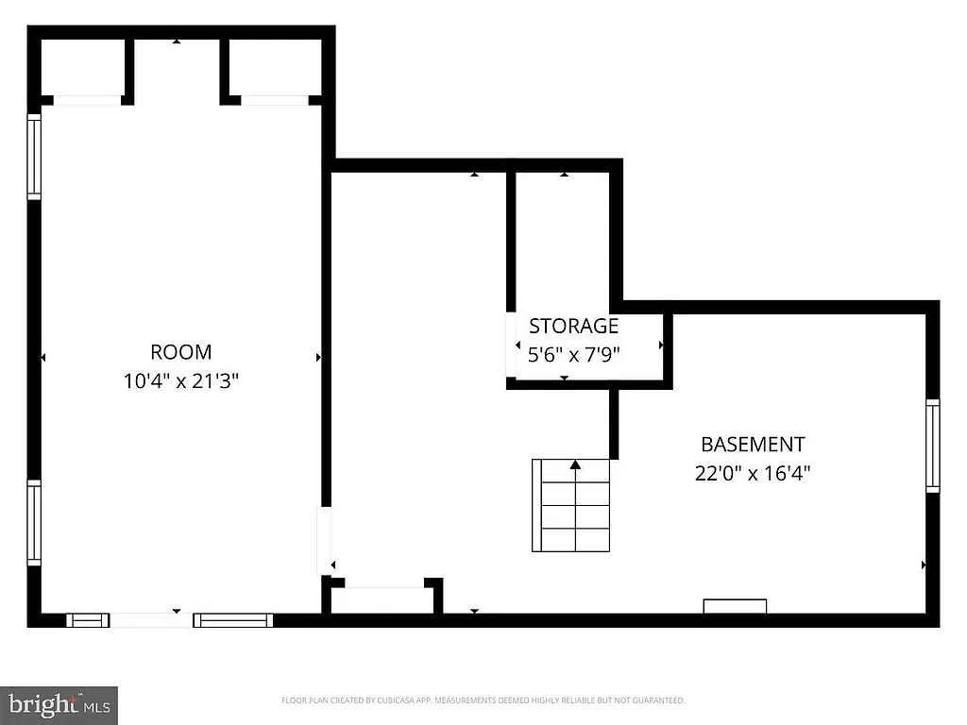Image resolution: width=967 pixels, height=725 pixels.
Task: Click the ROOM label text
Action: click(181, 352)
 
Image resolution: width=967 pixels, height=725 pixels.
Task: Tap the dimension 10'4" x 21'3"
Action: click(181, 381)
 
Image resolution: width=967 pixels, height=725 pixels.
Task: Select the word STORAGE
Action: click(573, 327)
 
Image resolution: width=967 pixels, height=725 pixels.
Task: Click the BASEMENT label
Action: click(753, 444)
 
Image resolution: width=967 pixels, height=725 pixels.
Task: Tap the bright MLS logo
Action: click(59, 704)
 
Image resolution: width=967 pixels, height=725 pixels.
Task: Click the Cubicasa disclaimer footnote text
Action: click(483, 700)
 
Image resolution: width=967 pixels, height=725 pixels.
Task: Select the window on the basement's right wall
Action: click(933, 445)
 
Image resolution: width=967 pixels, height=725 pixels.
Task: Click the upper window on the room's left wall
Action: click(34, 157)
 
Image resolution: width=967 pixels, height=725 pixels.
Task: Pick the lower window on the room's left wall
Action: click(34, 523)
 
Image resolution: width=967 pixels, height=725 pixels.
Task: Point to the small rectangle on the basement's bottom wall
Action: click(735, 606)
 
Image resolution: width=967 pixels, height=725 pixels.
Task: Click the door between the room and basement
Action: click(324, 540)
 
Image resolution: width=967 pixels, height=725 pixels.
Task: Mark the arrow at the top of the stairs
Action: click(575, 464)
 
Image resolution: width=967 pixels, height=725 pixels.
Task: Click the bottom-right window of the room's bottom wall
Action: click(233, 620)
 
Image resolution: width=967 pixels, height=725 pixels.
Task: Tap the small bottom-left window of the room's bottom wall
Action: click(88, 620)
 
